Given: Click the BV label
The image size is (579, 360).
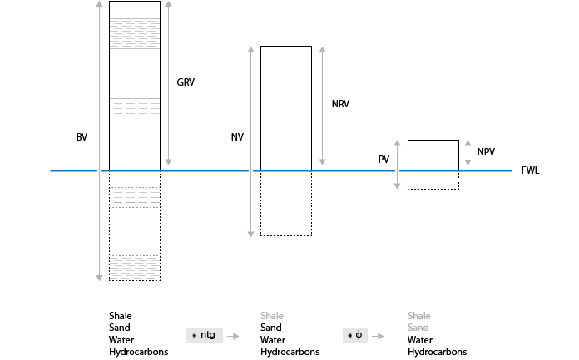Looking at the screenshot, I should [x=82, y=136].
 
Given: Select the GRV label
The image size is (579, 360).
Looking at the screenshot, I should [x=186, y=82].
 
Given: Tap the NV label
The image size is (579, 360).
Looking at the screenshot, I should [x=237, y=136].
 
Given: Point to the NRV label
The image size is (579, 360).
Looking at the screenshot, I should [x=340, y=104].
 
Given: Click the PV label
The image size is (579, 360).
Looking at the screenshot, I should [x=384, y=159].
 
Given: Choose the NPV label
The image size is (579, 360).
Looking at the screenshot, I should [x=487, y=151].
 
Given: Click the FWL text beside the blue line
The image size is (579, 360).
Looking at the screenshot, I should [x=531, y=170].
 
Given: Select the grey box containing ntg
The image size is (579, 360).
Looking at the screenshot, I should [x=203, y=334].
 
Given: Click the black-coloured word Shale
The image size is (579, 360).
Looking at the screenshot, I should [x=121, y=316].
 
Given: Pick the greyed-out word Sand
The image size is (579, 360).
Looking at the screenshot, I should [x=418, y=328].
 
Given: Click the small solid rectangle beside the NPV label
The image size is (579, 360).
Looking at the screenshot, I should [x=433, y=155].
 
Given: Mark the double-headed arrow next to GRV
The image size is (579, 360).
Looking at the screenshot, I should [x=168, y=82].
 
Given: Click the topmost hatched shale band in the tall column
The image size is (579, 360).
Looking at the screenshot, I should [x=134, y=32].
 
